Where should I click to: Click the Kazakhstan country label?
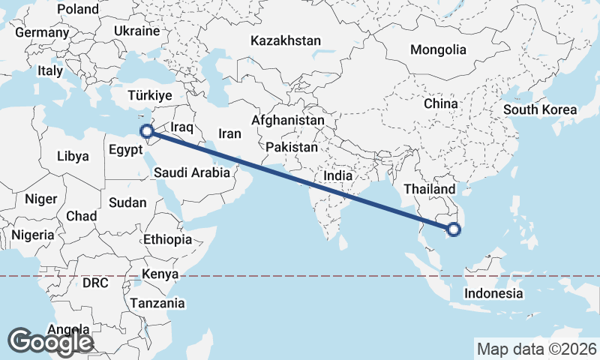click(x=286, y=40)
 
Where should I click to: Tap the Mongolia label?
click(x=438, y=50)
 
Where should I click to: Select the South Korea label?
click(x=540, y=109)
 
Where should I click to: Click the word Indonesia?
click(x=493, y=293)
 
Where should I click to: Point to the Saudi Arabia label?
click(x=192, y=172)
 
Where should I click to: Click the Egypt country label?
click(x=124, y=149)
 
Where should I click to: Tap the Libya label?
click(x=73, y=157)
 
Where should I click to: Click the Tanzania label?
click(x=157, y=303)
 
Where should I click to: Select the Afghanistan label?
click(x=288, y=120)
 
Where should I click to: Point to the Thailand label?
click(x=428, y=189)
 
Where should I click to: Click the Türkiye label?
click(x=150, y=96)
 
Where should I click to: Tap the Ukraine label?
click(x=137, y=31)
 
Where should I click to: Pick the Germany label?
click(x=41, y=33)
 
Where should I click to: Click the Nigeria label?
click(x=32, y=235)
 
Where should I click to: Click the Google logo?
click(x=50, y=342)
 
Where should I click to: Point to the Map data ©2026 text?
click(x=537, y=349)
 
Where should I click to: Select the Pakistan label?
click(x=292, y=148)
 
